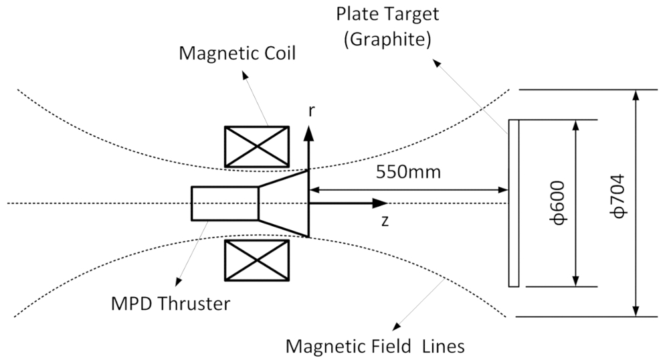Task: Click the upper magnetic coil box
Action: [258, 146]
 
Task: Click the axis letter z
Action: [384, 221]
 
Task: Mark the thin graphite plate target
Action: [514, 203]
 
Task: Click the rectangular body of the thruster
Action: [224, 203]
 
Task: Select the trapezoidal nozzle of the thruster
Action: [284, 203]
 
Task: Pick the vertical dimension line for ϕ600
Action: [575, 203]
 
